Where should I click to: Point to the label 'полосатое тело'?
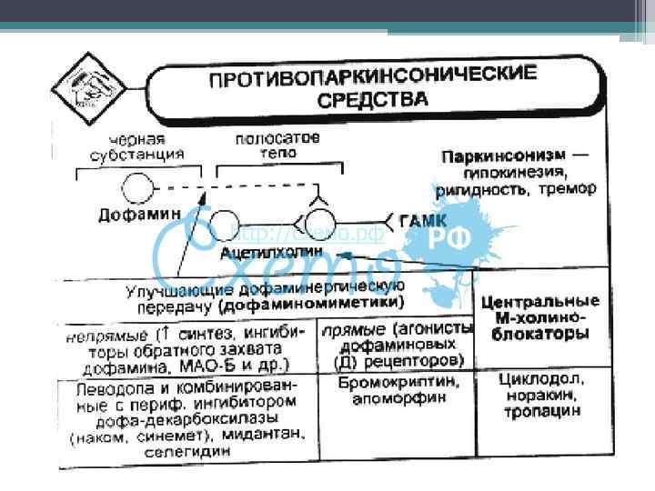point(277,146)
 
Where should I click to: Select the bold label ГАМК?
point(424,219)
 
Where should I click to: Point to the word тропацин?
point(543,412)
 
